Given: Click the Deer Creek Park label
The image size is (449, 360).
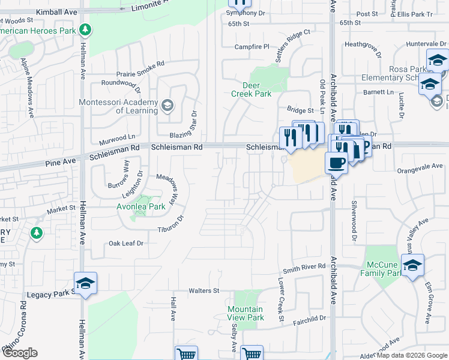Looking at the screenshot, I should (252, 89).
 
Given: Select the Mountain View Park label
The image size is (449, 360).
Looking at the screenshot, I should (246, 313).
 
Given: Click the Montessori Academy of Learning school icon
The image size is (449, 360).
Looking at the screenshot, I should (167, 106).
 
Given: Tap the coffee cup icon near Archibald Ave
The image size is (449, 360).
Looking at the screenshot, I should (336, 163).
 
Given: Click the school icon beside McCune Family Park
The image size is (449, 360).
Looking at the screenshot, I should (412, 266).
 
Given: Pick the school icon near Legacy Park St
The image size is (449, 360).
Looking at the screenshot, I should (85, 284).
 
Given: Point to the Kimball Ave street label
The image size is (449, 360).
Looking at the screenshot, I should (57, 12).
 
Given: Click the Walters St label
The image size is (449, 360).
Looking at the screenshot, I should (204, 291).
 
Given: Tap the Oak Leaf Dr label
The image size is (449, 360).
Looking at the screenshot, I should (126, 244).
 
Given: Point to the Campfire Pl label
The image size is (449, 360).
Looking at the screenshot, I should (252, 47).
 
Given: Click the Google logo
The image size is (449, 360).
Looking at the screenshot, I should (20, 353).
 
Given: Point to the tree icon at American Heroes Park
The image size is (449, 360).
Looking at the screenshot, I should (86, 29).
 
